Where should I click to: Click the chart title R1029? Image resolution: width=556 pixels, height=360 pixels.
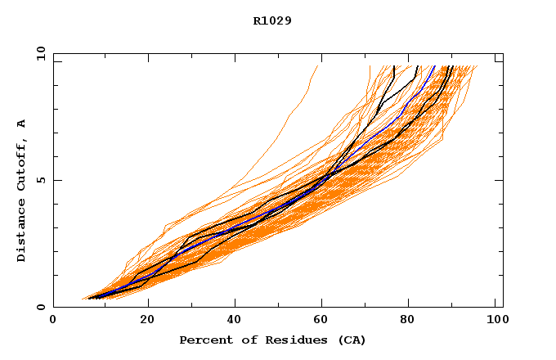tap(272, 20)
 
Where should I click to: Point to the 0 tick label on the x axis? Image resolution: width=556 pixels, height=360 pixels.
tap(53, 322)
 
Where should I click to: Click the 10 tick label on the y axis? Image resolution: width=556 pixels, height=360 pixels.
tap(40, 53)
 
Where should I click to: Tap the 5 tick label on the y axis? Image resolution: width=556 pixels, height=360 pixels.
tap(40, 180)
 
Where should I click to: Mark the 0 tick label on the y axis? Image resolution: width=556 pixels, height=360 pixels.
tap(40, 307)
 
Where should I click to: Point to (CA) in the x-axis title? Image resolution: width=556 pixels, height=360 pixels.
tap(350, 340)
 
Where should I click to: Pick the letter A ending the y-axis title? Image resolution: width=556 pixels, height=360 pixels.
tap(22, 124)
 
